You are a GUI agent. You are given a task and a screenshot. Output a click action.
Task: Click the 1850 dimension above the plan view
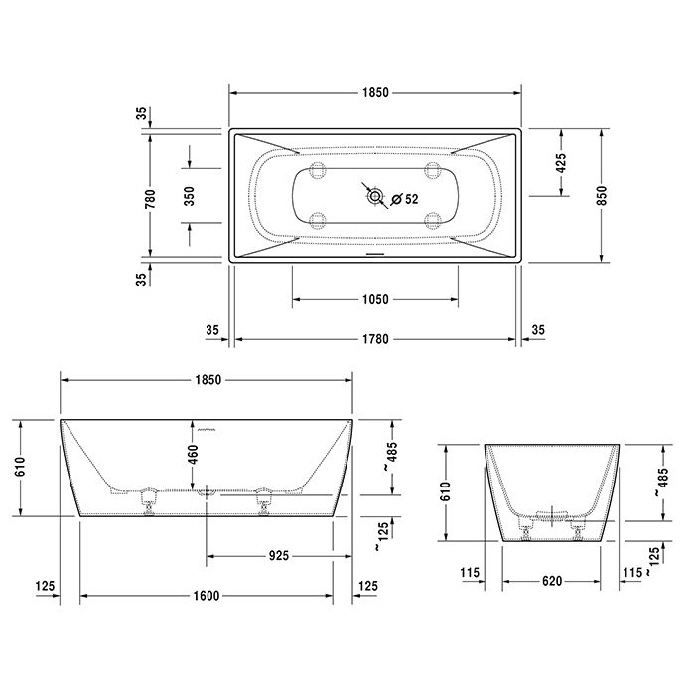coord(376,92)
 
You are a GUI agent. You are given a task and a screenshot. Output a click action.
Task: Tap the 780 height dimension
coord(151,198)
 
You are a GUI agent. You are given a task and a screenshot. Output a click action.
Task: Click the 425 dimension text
coord(561,164)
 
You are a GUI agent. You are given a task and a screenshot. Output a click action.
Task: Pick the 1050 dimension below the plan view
coord(375,299)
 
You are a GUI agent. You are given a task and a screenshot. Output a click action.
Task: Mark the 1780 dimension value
coord(375,340)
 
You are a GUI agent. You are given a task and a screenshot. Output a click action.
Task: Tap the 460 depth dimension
coord(194,456)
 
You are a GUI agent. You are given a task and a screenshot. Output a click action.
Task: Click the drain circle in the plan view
coord(374,197)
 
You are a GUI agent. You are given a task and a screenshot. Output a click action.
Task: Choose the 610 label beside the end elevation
coord(446,490)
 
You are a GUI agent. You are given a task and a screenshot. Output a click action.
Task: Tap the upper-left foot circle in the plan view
coord(318,171)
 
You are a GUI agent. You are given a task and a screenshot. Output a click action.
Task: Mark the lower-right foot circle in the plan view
coord(433,221)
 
